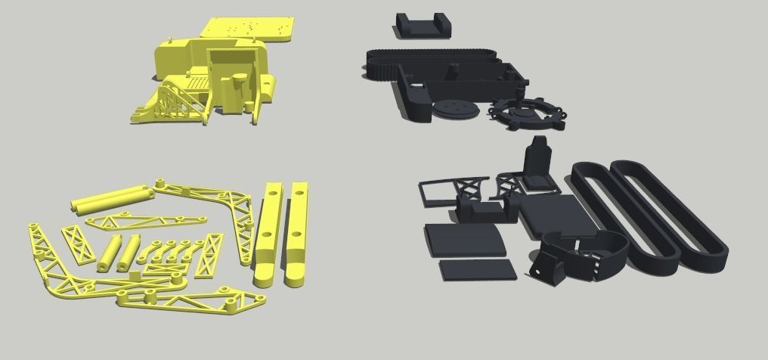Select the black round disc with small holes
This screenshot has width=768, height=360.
pos(456,110)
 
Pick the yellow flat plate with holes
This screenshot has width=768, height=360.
pos(249,29)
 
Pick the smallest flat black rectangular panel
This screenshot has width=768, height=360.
pos(477,270)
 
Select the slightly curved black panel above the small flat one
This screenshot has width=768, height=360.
pos(464,239)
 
